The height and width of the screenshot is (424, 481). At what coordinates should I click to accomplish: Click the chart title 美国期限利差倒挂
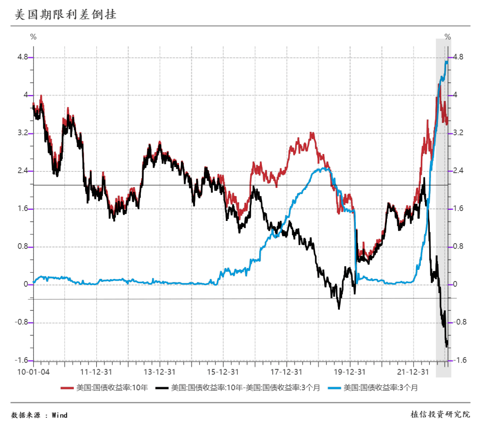[x=65, y=15]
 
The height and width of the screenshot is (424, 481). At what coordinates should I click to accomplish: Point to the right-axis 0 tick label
[x=455, y=285]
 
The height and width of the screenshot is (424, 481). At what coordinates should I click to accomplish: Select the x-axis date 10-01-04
[x=34, y=371]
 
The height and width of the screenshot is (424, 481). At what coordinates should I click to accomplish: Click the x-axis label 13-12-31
[x=159, y=371]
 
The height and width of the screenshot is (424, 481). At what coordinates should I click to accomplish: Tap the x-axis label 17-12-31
[x=287, y=371]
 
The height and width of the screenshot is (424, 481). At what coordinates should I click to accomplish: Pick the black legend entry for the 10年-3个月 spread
[x=245, y=388]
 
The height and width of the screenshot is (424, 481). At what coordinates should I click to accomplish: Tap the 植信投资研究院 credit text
[x=440, y=415]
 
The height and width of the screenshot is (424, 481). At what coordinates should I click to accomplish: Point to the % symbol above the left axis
[x=33, y=37]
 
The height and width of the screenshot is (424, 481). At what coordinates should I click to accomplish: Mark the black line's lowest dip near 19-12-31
[x=338, y=308]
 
